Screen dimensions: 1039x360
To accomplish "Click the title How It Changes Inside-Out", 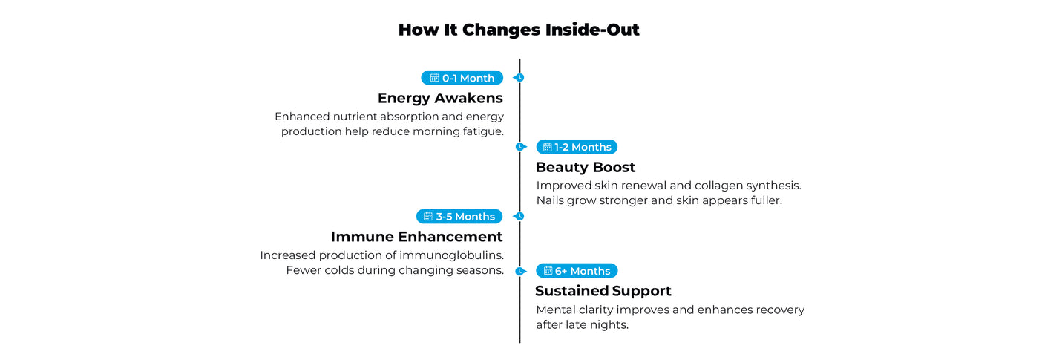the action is coord(519,30).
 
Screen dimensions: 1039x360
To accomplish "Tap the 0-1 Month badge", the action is coord(462,78).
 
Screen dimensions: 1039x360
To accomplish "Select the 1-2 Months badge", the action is coord(577,147).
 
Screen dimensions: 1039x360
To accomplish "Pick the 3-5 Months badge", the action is coord(459,216).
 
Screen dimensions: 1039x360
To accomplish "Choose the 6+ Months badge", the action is coord(577,271).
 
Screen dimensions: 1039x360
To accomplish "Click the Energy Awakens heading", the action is coord(440,98).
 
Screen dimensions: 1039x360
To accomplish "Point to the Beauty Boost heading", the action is coord(586,167).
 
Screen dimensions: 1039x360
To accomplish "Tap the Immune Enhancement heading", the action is coord(416,237).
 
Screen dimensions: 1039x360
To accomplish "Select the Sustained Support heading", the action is coord(603,291).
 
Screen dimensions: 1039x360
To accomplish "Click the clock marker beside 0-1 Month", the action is coord(519,77).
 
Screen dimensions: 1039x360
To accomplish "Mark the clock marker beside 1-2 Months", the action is coord(521,147).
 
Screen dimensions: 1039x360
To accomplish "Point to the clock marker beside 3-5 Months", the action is coord(519,216).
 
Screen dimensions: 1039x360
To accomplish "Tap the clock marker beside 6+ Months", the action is coord(521,272).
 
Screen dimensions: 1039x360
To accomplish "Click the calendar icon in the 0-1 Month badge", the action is coord(435,78).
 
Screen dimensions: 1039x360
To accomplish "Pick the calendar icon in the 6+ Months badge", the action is coord(548,270).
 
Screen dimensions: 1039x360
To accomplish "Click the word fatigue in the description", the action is coord(483,132).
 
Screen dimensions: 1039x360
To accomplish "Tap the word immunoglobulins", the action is coord(451,255).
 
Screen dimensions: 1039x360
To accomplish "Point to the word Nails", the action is coord(550,200).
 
